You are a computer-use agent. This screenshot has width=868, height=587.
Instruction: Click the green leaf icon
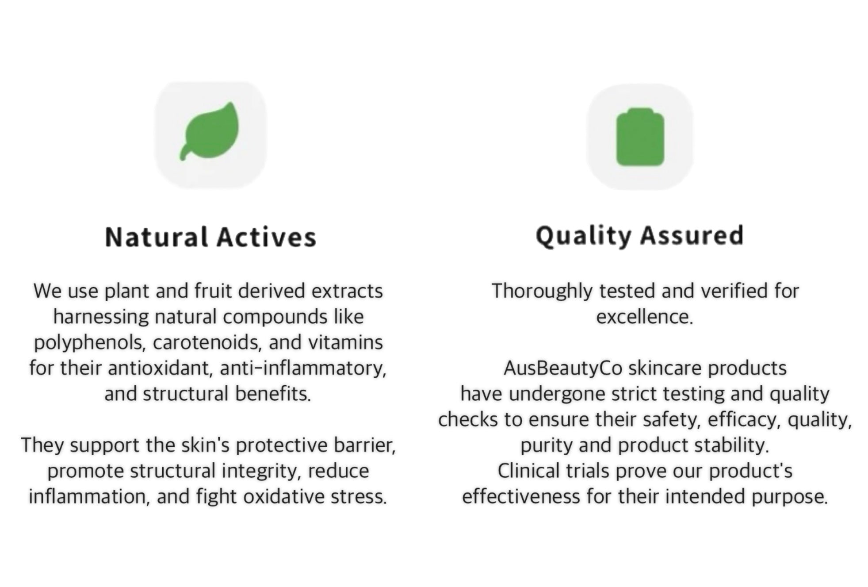(209, 131)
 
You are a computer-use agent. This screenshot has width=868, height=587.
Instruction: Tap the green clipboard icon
(640, 137)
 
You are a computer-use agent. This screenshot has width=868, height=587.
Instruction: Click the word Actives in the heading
(266, 237)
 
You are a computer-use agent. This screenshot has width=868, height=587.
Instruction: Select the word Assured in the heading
(692, 235)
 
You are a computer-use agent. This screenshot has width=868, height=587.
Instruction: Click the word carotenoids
(206, 343)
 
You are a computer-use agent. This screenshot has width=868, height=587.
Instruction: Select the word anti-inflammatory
(303, 368)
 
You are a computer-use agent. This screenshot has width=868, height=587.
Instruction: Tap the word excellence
(644, 317)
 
